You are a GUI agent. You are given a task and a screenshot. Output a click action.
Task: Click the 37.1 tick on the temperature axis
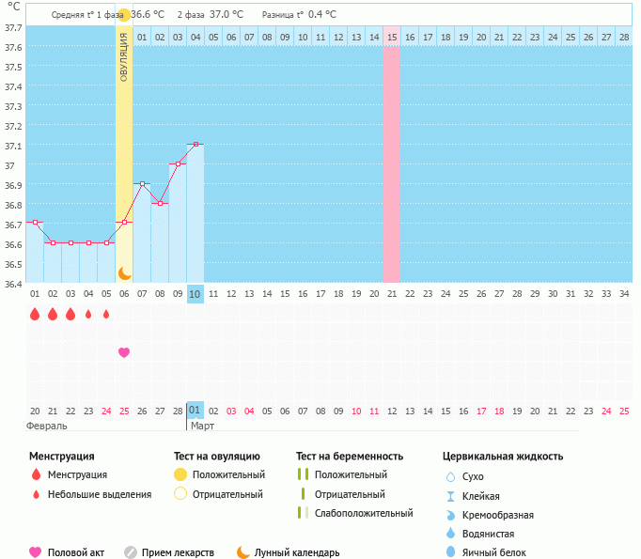11,147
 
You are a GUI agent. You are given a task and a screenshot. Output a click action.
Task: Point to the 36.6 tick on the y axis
11,244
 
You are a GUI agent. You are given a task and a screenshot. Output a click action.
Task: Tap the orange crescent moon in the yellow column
124,272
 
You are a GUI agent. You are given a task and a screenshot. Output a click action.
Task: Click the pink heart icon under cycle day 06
124,352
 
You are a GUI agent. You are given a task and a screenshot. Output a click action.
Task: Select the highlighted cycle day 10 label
195,294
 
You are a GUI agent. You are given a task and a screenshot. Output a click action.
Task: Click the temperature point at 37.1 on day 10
195,144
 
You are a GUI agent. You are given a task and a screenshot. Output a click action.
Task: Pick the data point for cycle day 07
142,183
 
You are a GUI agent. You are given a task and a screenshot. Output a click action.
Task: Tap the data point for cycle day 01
35,223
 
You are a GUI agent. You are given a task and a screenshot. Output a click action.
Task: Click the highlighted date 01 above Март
195,411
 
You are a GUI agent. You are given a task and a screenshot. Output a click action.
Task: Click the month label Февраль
47,426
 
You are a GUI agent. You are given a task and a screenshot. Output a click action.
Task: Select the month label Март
202,426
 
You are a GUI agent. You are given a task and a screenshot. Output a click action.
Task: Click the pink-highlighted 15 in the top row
391,37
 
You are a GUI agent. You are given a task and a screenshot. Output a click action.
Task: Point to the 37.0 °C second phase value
226,14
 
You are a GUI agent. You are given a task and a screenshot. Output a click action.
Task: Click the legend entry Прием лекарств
178,552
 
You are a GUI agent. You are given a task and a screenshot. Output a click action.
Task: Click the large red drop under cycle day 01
35,315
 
